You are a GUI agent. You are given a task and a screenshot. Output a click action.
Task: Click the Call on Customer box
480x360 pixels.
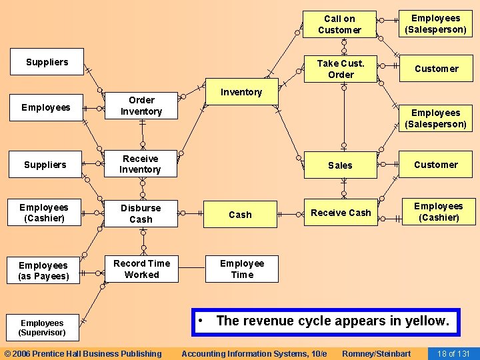[339, 25]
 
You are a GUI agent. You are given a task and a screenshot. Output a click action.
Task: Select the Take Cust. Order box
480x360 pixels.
[341, 69]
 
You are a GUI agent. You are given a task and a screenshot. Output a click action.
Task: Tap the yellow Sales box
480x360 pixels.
[340, 165]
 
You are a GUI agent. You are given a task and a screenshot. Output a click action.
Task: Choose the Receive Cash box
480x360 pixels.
[341, 213]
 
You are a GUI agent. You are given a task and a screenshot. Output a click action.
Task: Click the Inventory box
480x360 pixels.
[241, 92]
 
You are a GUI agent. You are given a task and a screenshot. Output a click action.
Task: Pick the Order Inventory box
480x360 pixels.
[141, 105]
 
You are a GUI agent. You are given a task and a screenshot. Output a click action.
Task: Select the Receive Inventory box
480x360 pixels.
[140, 164]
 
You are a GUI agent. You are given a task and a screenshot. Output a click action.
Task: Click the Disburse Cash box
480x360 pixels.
[141, 213]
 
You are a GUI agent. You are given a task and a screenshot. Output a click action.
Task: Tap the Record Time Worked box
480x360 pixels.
[141, 269]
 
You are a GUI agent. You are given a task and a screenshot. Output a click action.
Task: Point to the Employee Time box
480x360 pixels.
[241, 269]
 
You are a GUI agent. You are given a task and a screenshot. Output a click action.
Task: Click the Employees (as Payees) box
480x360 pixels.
[44, 271]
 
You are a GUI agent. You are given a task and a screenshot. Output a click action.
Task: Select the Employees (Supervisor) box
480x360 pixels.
[42, 327]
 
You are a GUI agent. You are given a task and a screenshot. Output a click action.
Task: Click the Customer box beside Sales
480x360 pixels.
[436, 165]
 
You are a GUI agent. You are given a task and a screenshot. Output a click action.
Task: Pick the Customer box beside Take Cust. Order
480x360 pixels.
[436, 69]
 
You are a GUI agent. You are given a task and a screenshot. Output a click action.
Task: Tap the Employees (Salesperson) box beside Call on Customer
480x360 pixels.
[436, 24]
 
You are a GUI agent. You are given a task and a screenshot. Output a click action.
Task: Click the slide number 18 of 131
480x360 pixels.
[454, 353]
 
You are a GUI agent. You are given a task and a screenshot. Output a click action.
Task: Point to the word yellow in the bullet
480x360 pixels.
[425, 321]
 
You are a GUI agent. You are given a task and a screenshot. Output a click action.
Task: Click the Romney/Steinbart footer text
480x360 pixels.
[376, 353]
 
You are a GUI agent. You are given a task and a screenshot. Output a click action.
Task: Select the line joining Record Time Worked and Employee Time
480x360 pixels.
[191, 269]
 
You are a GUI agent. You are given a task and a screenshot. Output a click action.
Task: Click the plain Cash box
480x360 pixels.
[240, 215]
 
